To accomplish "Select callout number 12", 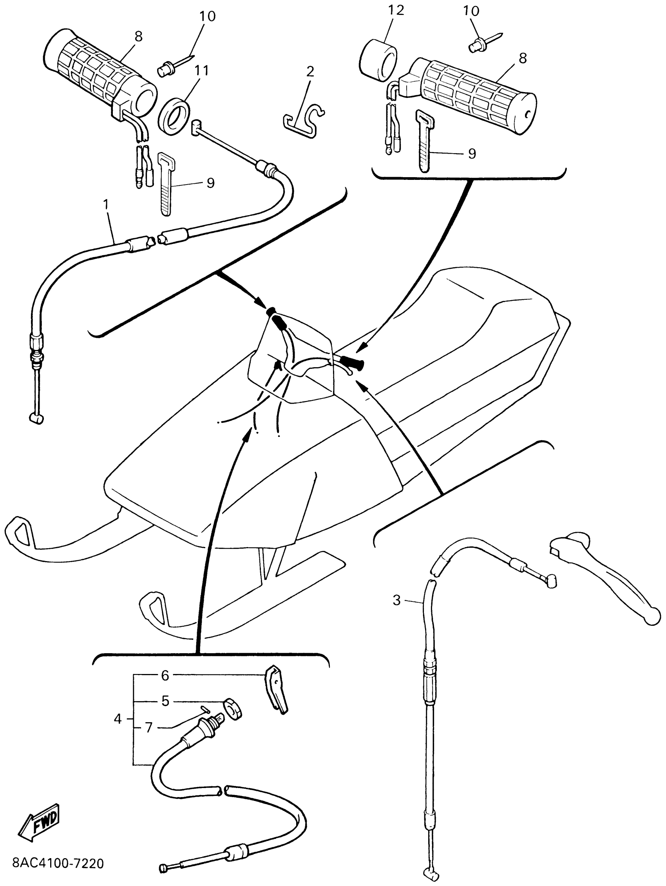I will (395, 11).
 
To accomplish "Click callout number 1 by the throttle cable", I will (106, 205).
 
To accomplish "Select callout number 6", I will (165, 675).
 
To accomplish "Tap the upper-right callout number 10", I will (471, 11).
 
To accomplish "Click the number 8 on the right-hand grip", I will (522, 58).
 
